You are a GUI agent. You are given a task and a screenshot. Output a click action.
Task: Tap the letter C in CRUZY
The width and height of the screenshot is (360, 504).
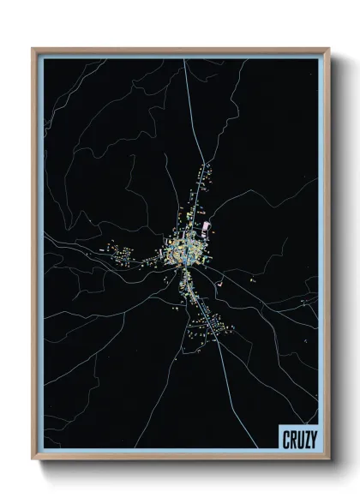point(285,441)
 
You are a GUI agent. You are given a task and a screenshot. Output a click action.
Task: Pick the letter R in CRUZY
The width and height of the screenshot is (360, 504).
point(291,441)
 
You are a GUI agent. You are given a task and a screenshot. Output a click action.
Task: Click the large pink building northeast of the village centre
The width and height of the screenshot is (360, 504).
point(207,226)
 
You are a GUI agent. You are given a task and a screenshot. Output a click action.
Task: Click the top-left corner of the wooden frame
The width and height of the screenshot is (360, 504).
point(34,50)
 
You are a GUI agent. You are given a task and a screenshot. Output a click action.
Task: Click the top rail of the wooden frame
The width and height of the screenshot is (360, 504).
point(180,51)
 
